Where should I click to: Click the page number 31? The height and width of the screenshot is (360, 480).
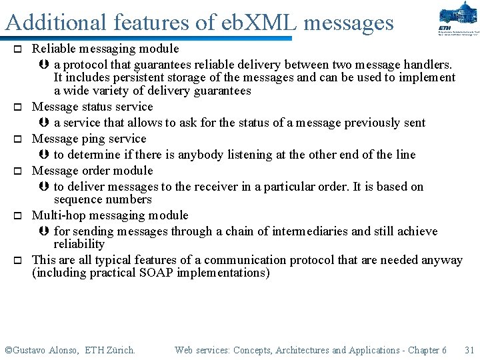[x=469, y=350]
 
